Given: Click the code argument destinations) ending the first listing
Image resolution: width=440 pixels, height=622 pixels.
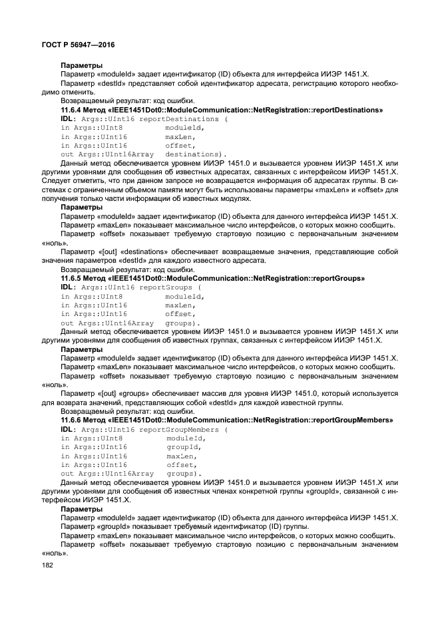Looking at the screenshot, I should [196, 154].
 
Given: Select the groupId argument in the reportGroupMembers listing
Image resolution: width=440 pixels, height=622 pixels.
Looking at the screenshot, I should [184, 448].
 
